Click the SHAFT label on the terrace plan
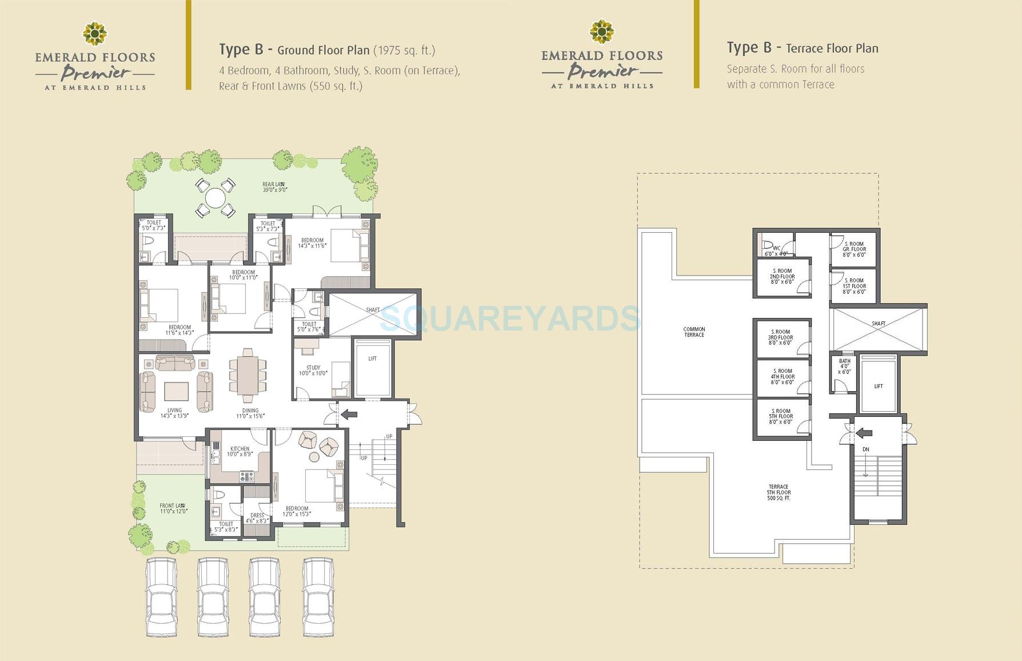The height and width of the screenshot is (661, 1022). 879,324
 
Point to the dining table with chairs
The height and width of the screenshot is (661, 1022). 247,376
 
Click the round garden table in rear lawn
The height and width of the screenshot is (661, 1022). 215,198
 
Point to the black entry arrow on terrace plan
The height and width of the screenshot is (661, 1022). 863,433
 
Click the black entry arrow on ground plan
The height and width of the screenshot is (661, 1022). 349,415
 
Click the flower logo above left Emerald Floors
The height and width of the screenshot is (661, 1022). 94,34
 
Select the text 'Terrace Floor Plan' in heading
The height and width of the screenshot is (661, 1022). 832,49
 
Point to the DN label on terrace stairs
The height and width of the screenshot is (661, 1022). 865,449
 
